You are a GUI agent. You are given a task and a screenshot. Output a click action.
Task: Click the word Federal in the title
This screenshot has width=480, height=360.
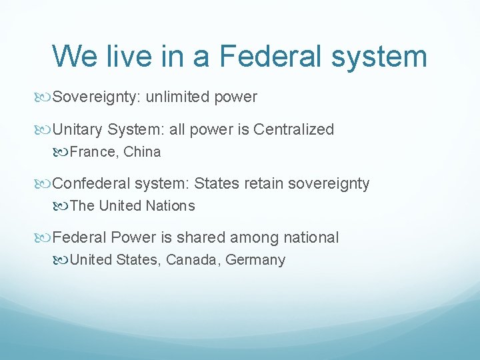(271, 56)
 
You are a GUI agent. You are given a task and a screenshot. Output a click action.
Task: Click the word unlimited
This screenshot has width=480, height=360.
(178, 97)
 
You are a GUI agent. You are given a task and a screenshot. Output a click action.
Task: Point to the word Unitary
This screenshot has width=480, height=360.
(78, 129)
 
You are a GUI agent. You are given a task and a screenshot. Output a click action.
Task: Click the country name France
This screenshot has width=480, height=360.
(93, 152)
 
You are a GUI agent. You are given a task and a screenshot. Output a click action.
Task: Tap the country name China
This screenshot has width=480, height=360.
(142, 152)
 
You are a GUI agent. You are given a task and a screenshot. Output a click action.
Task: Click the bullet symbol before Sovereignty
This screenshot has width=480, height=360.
(44, 97)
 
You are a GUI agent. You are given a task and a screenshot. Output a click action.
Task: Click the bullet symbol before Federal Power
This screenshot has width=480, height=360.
(44, 237)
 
